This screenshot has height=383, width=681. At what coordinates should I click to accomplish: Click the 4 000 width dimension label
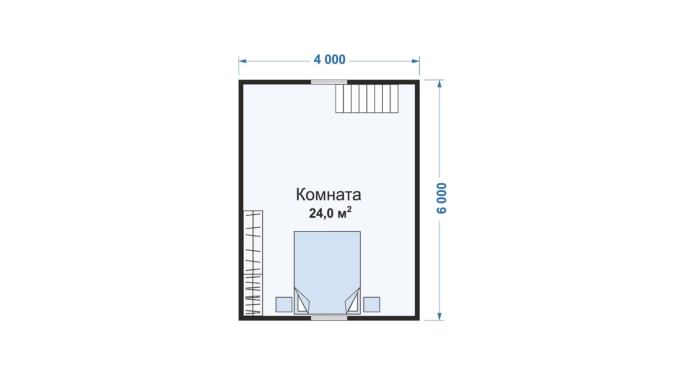[x=330, y=60]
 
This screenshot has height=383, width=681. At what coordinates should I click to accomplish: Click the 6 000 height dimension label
[x=442, y=198]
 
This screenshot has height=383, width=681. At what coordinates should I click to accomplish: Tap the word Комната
[x=328, y=195]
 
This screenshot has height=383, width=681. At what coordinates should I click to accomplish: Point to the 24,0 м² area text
[x=330, y=213]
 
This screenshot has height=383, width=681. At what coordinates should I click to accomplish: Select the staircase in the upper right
[x=367, y=99]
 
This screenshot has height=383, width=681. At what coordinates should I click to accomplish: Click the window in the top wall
[x=329, y=82]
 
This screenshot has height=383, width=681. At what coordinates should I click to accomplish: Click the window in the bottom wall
[x=329, y=318]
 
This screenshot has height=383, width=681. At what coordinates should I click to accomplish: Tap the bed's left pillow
[x=301, y=301]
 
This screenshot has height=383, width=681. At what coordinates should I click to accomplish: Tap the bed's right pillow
[x=353, y=301]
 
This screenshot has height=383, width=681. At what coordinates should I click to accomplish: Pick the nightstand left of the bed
[x=284, y=305]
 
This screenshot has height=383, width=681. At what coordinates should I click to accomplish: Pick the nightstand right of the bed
[x=372, y=305]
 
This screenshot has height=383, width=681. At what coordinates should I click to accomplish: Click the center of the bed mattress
[x=327, y=273]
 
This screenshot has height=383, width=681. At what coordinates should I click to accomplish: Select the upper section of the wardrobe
[x=253, y=242]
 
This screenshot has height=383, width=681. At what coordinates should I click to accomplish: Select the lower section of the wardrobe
[x=253, y=295]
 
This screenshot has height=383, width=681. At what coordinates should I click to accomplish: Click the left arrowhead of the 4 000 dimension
[x=243, y=61]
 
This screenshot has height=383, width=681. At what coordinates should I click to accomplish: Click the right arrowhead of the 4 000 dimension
[x=415, y=61]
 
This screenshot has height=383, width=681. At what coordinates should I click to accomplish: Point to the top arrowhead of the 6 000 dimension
[x=440, y=84]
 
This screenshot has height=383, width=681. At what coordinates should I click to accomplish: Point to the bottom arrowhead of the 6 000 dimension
[x=440, y=316]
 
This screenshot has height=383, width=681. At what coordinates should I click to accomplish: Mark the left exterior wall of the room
[x=241, y=200]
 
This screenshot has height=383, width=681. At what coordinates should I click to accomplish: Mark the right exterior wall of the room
[x=417, y=200]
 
